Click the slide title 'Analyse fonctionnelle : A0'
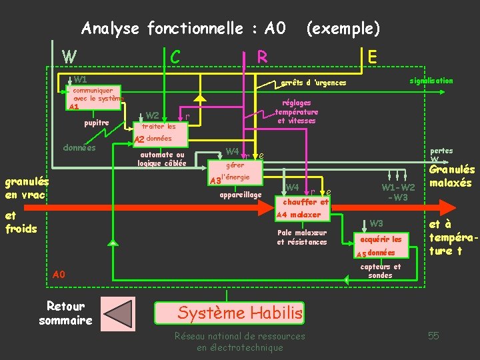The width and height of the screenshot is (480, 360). click(x=183, y=29)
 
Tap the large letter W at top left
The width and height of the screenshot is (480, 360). click(x=69, y=57)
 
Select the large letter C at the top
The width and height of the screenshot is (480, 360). click(x=175, y=57)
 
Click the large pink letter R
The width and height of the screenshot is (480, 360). click(x=262, y=57)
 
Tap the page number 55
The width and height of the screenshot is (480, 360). click(x=433, y=335)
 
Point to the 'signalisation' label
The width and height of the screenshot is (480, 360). click(x=431, y=81)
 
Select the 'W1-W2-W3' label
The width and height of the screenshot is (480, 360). click(x=398, y=192)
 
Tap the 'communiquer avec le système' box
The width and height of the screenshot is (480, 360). click(x=97, y=98)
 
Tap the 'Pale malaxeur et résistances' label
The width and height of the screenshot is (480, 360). click(x=302, y=237)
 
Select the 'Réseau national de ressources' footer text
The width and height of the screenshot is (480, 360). click(x=239, y=336)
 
